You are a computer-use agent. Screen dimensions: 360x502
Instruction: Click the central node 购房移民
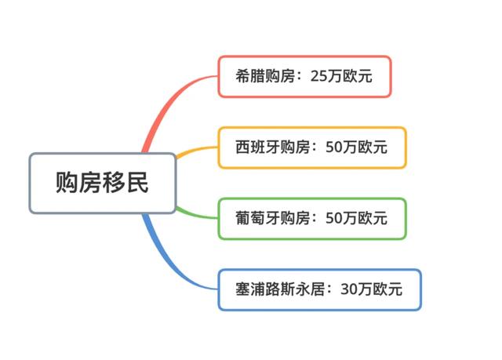pos(102,184)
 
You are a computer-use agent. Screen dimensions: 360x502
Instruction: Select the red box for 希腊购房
pos(304,76)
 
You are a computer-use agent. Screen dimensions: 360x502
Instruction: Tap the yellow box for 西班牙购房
pos(311,147)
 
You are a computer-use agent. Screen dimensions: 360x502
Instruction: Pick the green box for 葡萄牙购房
pos(311,218)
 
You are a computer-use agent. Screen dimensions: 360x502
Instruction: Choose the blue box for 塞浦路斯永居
pos(319,289)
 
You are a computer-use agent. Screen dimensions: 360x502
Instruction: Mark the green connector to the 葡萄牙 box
pos(196,213)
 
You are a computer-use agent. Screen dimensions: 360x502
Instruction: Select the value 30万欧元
pos(372,289)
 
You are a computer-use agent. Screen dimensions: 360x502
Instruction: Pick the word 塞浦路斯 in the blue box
pos(267,289)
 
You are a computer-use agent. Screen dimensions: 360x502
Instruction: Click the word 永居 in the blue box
pos(314,289)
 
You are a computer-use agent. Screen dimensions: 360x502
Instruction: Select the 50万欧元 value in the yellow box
pos(356,147)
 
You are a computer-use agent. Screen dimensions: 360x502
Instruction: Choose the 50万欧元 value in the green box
pos(356,218)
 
